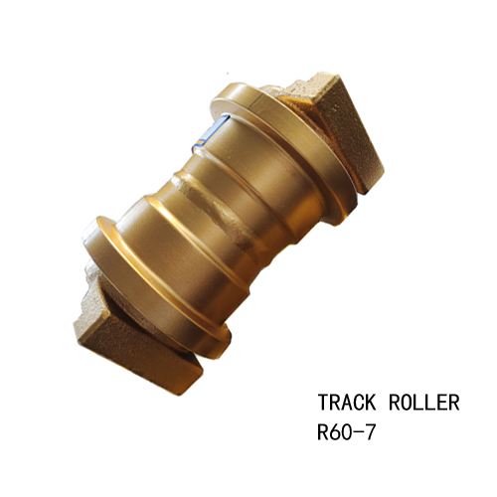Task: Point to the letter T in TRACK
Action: click(x=324, y=403)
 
